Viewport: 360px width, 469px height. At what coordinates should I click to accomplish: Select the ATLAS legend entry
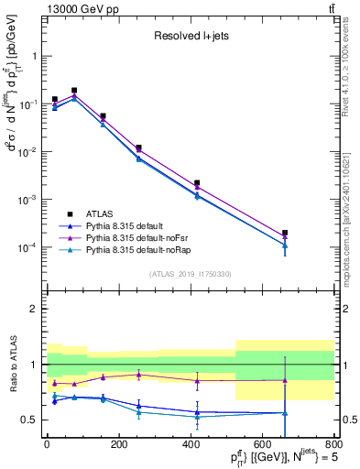(x=104, y=213)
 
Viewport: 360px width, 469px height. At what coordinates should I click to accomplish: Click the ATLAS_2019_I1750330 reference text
(x=190, y=274)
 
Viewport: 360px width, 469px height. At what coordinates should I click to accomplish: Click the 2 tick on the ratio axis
(x=36, y=309)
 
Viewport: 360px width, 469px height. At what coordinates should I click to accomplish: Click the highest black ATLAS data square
(x=74, y=91)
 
